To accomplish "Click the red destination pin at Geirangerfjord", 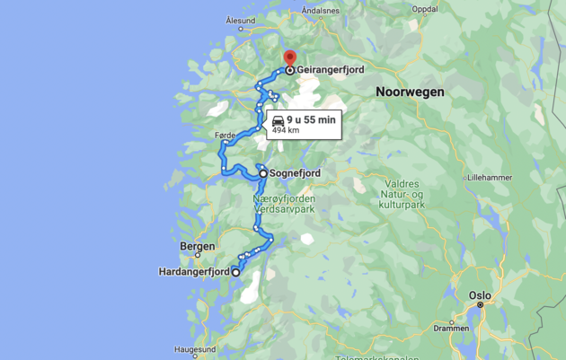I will click(289, 57).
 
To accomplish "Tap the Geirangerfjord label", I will click(332, 69).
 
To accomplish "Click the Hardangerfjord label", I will click(194, 271).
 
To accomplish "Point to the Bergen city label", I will click(198, 246).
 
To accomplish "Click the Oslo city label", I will click(480, 294).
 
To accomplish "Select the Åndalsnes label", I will click(321, 11).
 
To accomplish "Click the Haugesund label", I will click(196, 349).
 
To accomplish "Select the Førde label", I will click(226, 136).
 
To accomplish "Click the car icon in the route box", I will click(278, 119).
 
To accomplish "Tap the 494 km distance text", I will click(286, 130).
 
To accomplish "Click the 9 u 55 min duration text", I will click(311, 119).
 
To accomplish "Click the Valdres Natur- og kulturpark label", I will click(402, 195).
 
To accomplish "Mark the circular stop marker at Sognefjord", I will click(263, 174).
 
